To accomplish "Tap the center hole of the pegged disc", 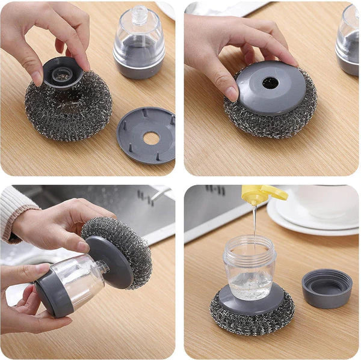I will [151, 138].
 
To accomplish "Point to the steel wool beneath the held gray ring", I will [67, 114].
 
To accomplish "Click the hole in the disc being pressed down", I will [270, 83].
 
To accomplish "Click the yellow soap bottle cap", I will [264, 194].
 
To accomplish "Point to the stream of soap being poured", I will [255, 222].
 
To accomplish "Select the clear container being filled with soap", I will [249, 267].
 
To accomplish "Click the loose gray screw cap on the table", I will [326, 288].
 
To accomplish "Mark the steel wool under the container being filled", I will [253, 319].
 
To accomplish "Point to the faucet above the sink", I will [158, 194].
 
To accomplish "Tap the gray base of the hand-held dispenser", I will [49, 294].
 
